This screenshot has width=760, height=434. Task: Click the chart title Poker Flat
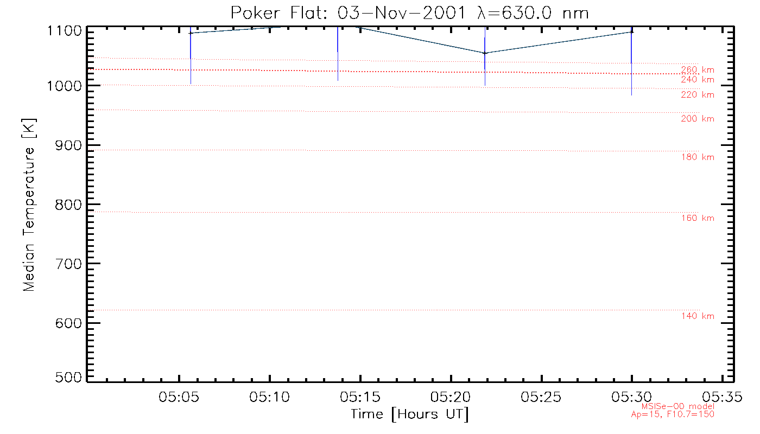tap(409, 12)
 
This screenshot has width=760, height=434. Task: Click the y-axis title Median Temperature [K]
tap(29, 205)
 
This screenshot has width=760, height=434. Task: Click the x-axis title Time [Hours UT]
tap(409, 414)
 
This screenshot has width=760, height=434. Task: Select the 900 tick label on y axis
tap(68, 145)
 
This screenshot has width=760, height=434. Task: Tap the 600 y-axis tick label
tap(68, 323)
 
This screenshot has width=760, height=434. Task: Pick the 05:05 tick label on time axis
tap(179, 397)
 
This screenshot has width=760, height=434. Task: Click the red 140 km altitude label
tap(698, 316)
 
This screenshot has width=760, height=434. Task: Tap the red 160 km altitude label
tap(698, 218)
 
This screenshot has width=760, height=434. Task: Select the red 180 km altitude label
tap(698, 157)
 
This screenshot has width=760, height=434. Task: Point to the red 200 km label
tap(698, 119)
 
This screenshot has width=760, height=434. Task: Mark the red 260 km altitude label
tap(698, 69)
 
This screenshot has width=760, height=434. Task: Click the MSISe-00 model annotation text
tap(678, 406)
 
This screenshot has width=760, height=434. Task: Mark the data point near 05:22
tap(485, 53)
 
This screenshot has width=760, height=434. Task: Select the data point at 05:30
tap(631, 32)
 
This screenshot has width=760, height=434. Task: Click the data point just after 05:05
tap(191, 33)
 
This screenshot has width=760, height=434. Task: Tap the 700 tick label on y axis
tap(68, 264)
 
